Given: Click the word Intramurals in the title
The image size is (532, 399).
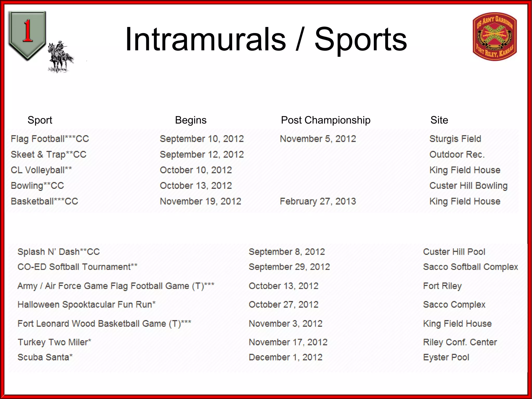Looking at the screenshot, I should [x=205, y=39].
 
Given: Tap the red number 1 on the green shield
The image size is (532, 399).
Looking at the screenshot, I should [x=28, y=31].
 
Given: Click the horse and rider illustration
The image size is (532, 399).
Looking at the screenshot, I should [x=60, y=57].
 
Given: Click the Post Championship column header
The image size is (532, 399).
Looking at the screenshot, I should [x=325, y=120].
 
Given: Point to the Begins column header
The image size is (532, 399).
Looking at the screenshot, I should [x=191, y=120].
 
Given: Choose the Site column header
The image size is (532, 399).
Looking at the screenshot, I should [x=439, y=120].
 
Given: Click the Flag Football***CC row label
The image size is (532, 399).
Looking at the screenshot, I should [x=50, y=139].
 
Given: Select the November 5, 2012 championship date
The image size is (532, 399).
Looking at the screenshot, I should [x=318, y=139].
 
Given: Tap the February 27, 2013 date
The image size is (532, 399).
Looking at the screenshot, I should [x=318, y=201].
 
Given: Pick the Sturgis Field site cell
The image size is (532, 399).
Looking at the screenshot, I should [x=455, y=139].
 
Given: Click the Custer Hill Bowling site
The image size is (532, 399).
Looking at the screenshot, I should [x=468, y=186].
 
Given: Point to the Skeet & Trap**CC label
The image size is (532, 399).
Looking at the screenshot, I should [x=49, y=155].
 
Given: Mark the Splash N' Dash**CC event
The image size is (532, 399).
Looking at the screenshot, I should [x=58, y=252].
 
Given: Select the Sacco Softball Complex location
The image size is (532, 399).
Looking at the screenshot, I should [x=470, y=267].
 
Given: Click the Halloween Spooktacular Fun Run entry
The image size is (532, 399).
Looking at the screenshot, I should [x=87, y=304].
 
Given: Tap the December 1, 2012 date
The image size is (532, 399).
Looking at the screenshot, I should [x=285, y=357].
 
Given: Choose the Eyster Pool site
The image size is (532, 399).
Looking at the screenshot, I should [x=446, y=357].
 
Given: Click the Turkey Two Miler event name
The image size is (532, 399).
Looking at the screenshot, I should [x=54, y=342].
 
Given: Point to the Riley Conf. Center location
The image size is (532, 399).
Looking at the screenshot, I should [x=460, y=342].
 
